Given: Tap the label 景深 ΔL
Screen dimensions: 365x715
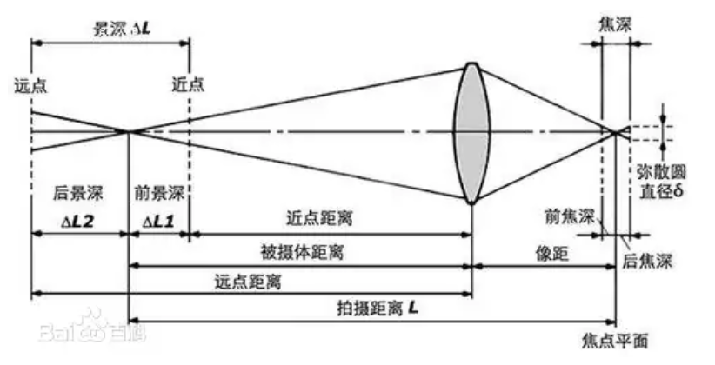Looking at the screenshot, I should tap(123, 28).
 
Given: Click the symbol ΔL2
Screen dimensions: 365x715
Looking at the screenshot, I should tap(83, 221).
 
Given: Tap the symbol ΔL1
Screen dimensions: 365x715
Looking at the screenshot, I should tap(158, 221).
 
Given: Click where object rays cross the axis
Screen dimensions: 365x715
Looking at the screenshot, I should tap(129, 132).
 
